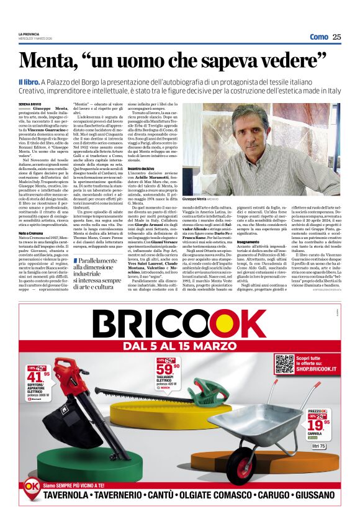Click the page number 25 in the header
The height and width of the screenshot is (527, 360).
(336, 37)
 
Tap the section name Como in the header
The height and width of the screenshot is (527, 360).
(318, 37)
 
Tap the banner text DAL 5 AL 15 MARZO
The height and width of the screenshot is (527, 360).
(180, 346)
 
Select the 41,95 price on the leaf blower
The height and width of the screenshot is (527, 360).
(38, 377)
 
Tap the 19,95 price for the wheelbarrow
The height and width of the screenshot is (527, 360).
(318, 425)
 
